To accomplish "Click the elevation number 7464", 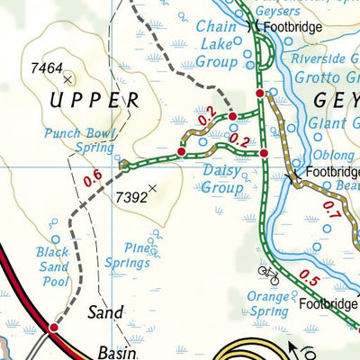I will [x=46, y=67].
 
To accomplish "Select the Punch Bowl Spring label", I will [x=81, y=141].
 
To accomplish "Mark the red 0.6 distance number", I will [x=92, y=179].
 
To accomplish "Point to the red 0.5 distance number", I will [x=309, y=275].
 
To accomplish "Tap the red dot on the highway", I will [x=53, y=328].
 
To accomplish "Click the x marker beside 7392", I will [x=152, y=188].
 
